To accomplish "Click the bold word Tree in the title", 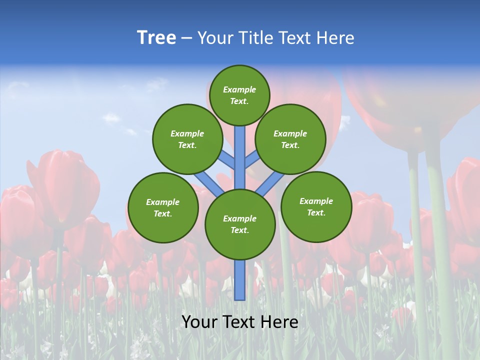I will (x=156, y=38).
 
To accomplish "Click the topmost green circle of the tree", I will (x=239, y=95).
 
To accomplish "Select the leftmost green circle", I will (x=163, y=207).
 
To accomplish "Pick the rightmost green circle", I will (x=316, y=206).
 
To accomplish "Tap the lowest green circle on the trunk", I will (x=240, y=224).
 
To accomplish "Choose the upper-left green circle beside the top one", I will (x=187, y=139).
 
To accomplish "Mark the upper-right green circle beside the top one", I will (x=290, y=139).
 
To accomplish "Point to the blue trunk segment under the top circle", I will (x=240, y=150).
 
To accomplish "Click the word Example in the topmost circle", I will (x=239, y=89).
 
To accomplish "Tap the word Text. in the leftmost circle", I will (x=163, y=213).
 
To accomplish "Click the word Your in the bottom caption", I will (x=198, y=322).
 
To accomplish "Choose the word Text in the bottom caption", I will (x=239, y=322).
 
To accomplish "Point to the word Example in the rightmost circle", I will (x=316, y=201).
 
